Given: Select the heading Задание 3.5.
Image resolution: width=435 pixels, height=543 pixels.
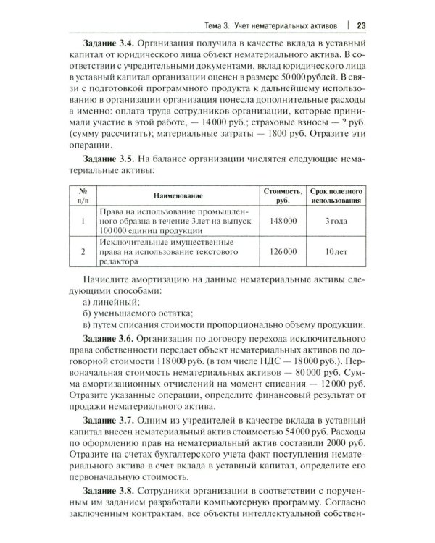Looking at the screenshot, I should [110, 157].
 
